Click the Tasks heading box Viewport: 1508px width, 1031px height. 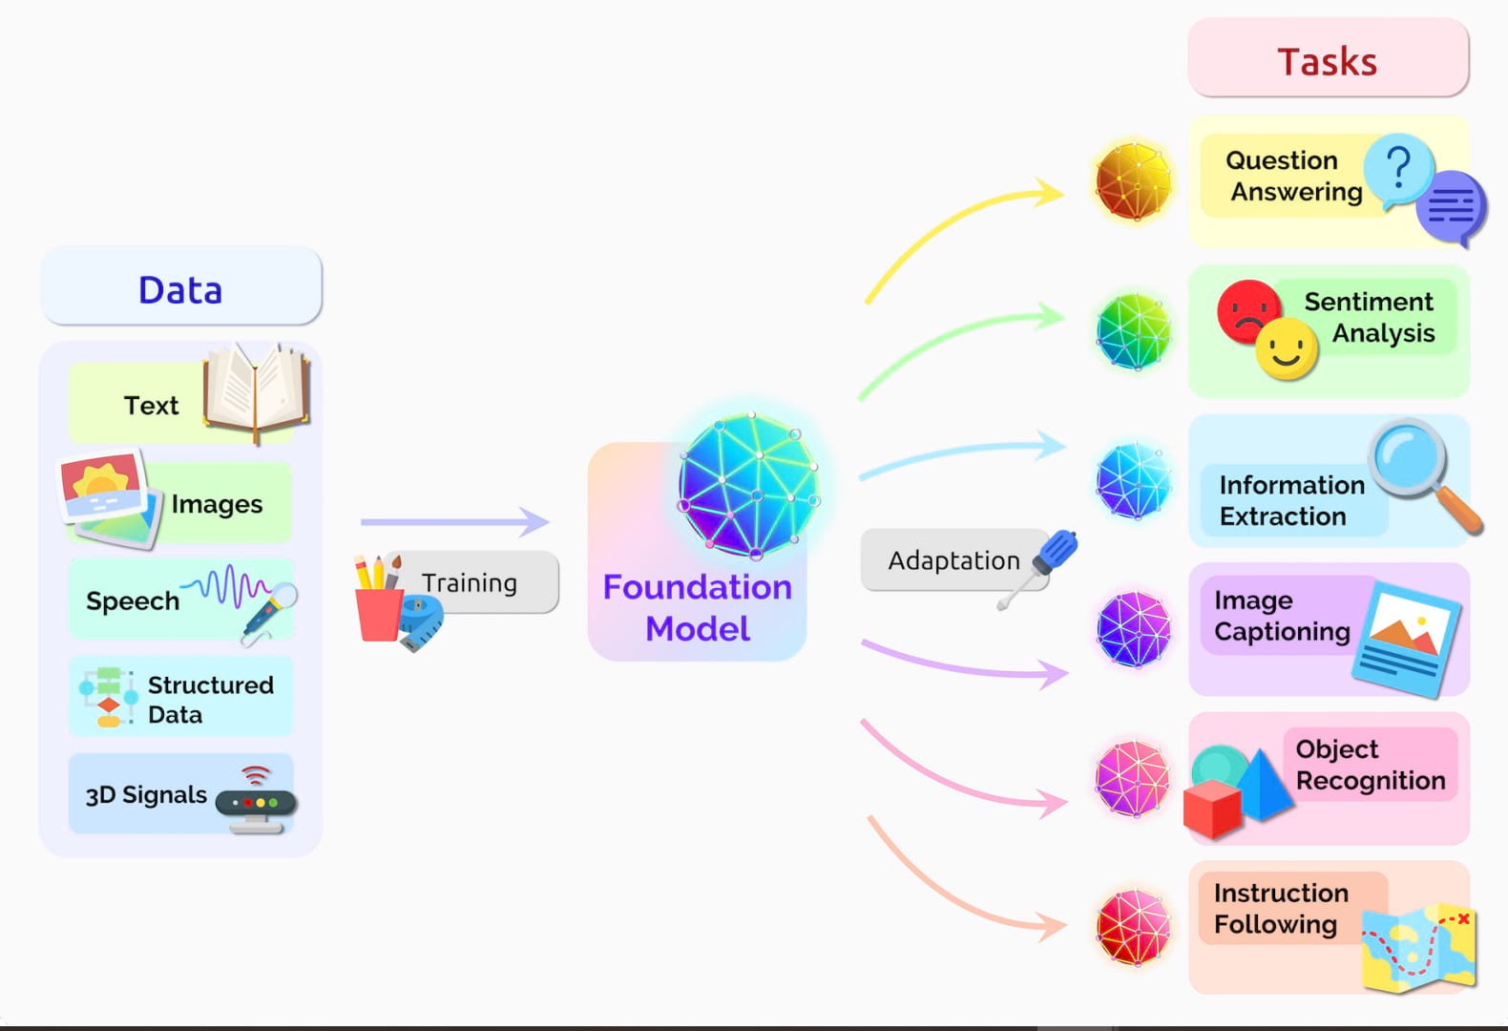[1328, 59]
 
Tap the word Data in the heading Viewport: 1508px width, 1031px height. [180, 289]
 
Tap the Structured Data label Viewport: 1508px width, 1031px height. [210, 699]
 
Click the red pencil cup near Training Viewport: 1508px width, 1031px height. [378, 611]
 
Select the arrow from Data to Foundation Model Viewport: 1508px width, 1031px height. [454, 521]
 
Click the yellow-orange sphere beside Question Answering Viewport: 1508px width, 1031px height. [1133, 181]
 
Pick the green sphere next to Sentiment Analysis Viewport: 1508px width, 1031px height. [1133, 330]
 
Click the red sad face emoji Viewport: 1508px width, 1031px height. [1246, 309]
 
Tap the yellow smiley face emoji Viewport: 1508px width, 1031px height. [1286, 349]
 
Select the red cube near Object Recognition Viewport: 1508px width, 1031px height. [1211, 808]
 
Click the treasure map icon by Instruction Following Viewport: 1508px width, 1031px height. [1420, 947]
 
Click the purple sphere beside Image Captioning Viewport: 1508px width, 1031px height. [1133, 629]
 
